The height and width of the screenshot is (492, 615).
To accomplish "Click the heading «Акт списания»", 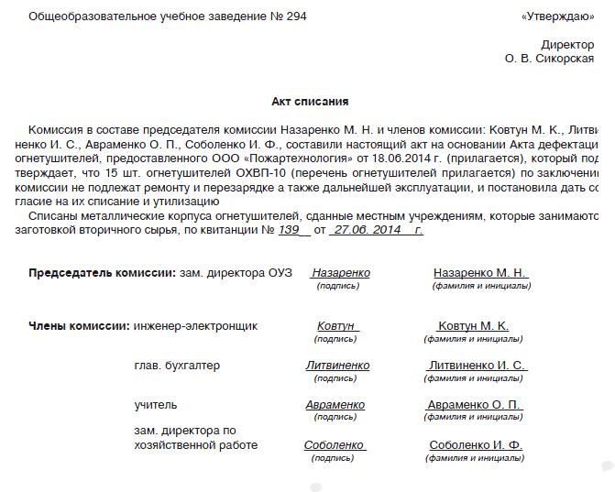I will pos(310,102).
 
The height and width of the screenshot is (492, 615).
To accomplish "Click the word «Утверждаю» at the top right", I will pos(556,16).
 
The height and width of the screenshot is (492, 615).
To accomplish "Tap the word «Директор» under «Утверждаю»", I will pos(567,44).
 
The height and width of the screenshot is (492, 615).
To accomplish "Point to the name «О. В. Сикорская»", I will pos(549,59).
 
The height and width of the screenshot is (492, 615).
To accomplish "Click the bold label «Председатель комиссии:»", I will pos(102,273).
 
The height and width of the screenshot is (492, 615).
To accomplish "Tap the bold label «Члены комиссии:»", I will pos(79,325).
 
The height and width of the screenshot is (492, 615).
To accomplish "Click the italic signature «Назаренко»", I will pos(340,273).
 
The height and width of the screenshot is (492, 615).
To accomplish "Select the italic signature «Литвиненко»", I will pos(337,366).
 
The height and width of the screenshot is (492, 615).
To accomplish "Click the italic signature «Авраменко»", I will pos(335,405).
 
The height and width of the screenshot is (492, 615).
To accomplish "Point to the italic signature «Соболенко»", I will pos(335,445).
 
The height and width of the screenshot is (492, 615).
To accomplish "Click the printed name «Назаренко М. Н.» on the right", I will pos(479,273).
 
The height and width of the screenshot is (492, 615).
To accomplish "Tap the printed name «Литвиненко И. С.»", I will pos(477,366).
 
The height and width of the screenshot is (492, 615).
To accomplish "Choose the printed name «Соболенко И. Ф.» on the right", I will pos(476,445).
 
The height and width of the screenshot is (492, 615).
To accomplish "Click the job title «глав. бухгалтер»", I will pos(177,366).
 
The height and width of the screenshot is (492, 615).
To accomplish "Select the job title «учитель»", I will pos(156,405).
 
